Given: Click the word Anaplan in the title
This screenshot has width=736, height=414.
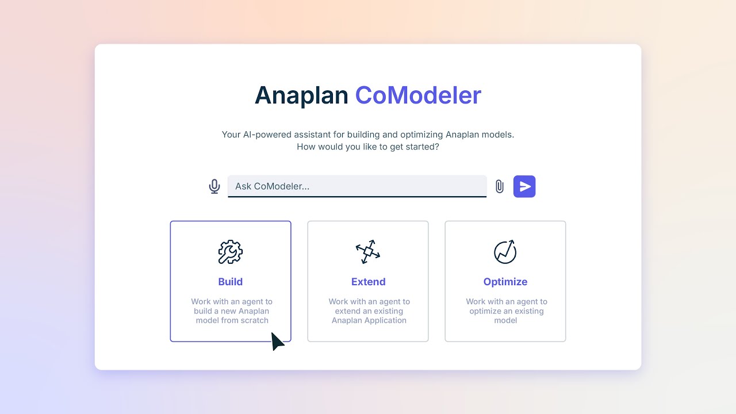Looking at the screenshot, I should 301,95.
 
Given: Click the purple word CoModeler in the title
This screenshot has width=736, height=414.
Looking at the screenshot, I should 418,95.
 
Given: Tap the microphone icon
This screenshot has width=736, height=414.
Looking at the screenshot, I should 214,186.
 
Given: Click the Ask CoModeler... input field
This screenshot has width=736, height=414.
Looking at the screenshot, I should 356,186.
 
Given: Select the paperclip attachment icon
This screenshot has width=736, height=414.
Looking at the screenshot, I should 500,186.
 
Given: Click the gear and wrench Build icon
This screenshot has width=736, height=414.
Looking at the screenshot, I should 231,252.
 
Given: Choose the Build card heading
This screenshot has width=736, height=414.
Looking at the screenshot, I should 231,282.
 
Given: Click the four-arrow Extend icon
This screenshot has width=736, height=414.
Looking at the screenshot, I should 368,252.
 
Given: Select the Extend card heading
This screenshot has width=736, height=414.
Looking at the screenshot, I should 368,282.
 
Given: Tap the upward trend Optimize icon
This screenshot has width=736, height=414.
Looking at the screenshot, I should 505,252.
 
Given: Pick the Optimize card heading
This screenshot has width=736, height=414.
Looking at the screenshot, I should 505,282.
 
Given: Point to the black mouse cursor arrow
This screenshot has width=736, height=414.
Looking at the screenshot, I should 277,341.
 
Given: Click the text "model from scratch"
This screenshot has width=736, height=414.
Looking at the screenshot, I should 232,320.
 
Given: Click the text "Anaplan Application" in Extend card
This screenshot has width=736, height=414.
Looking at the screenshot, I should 369,320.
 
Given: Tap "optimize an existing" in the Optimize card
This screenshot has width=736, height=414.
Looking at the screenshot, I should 506,311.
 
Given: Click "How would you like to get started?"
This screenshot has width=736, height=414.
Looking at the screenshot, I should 368,147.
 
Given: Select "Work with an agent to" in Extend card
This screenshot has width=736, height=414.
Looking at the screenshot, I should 369,301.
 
